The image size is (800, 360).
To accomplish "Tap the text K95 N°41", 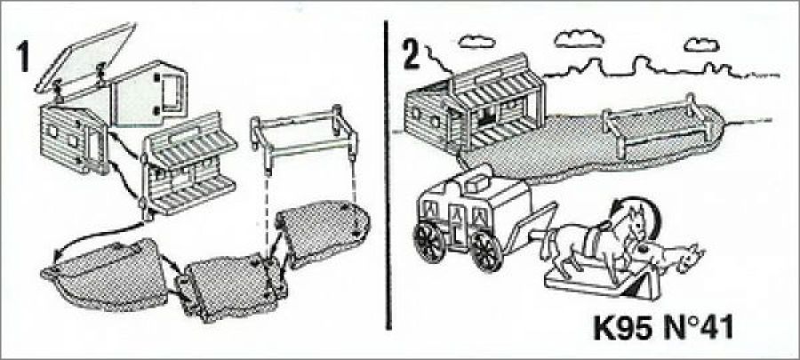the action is click(x=663, y=327).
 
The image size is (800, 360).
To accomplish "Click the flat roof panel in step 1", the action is click(x=85, y=55).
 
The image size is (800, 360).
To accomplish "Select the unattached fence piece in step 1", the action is click(x=304, y=135).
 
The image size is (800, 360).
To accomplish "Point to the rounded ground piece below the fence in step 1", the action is click(x=324, y=230).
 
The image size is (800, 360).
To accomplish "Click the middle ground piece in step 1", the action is click(x=232, y=286).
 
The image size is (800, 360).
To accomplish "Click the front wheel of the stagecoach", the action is click(x=487, y=251).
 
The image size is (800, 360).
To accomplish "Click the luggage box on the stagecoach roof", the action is click(x=476, y=182).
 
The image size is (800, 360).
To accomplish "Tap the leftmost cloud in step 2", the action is click(x=476, y=42).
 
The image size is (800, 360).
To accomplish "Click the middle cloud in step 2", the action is click(x=580, y=39).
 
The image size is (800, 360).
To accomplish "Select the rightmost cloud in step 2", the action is click(x=701, y=44).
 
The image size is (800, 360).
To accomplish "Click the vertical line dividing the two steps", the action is click(x=388, y=175).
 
